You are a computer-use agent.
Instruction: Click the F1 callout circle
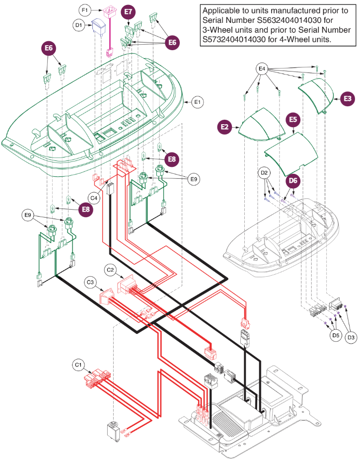pyautogui.click(x=85, y=9)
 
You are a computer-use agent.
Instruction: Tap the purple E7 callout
pyautogui.click(x=129, y=11)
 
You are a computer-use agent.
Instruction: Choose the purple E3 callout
pyautogui.click(x=348, y=99)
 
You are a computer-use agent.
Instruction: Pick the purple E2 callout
pyautogui.click(x=225, y=127)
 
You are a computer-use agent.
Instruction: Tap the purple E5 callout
pyautogui.click(x=293, y=119)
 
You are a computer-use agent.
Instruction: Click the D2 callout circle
pyautogui.click(x=265, y=173)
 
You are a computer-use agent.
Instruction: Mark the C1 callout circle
pyautogui.click(x=78, y=366)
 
